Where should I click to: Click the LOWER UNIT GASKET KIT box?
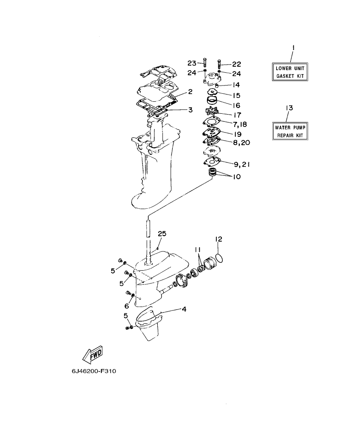pyautogui.click(x=290, y=72)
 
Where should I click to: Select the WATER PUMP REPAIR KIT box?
pyautogui.click(x=290, y=131)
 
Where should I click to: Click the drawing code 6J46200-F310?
pyautogui.click(x=94, y=371)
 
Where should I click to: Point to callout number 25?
pyautogui.click(x=162, y=233)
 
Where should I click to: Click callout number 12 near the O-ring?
pyautogui.click(x=218, y=239)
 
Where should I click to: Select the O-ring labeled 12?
pyautogui.click(x=219, y=258)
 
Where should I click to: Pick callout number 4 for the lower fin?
pyautogui.click(x=184, y=309)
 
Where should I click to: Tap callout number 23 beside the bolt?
pyautogui.click(x=192, y=64)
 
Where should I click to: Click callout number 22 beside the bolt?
pyautogui.click(x=236, y=64)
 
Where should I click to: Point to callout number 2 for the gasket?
pyautogui.click(x=190, y=92)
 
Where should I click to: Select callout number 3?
pyautogui.click(x=190, y=110)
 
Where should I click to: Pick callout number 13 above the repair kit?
pyautogui.click(x=289, y=109)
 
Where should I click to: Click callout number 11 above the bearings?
pyautogui.click(x=197, y=249)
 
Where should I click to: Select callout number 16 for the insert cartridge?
pyautogui.click(x=236, y=105)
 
